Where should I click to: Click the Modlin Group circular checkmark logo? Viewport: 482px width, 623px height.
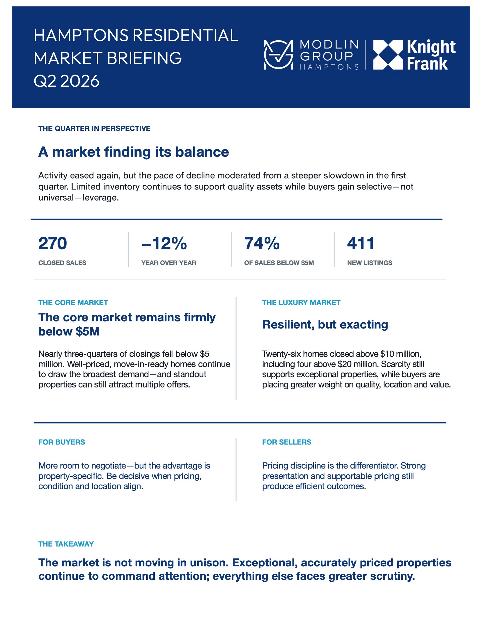[x=278, y=54]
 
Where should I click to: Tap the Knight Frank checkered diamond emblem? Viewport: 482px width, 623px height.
[x=388, y=55]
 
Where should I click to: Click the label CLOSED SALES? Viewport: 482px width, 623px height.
[x=62, y=263]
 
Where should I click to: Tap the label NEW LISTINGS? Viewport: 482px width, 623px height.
[x=370, y=263]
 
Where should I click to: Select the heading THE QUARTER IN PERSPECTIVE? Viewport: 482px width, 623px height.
[x=94, y=128]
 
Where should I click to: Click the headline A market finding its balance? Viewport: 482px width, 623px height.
[x=134, y=152]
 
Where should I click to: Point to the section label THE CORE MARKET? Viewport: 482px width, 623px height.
[x=73, y=302]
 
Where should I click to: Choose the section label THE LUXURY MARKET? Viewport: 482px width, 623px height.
[x=301, y=302]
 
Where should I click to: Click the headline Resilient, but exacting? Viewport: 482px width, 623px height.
[x=325, y=325]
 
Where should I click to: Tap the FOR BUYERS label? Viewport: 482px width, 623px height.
[x=62, y=442]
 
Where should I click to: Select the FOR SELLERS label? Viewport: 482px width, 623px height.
[x=287, y=442]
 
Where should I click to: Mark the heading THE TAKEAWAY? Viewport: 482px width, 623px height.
[x=66, y=544]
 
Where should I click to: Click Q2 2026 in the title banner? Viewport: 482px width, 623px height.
[x=67, y=81]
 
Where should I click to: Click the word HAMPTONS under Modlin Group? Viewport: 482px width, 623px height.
[x=329, y=67]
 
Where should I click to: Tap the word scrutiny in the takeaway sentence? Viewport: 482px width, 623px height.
[x=392, y=576]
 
